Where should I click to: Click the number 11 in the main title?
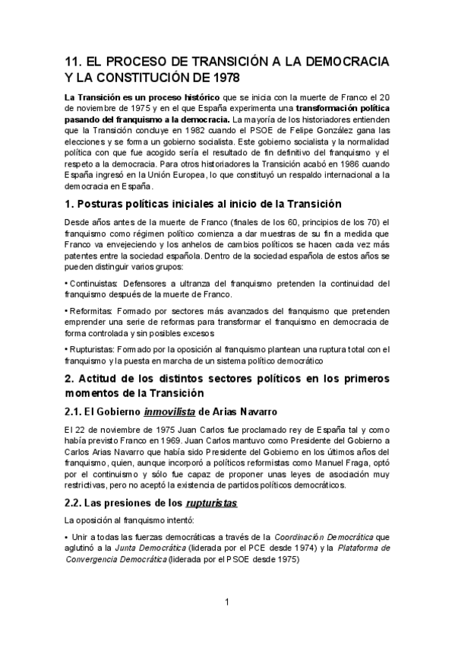[x=74, y=62]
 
